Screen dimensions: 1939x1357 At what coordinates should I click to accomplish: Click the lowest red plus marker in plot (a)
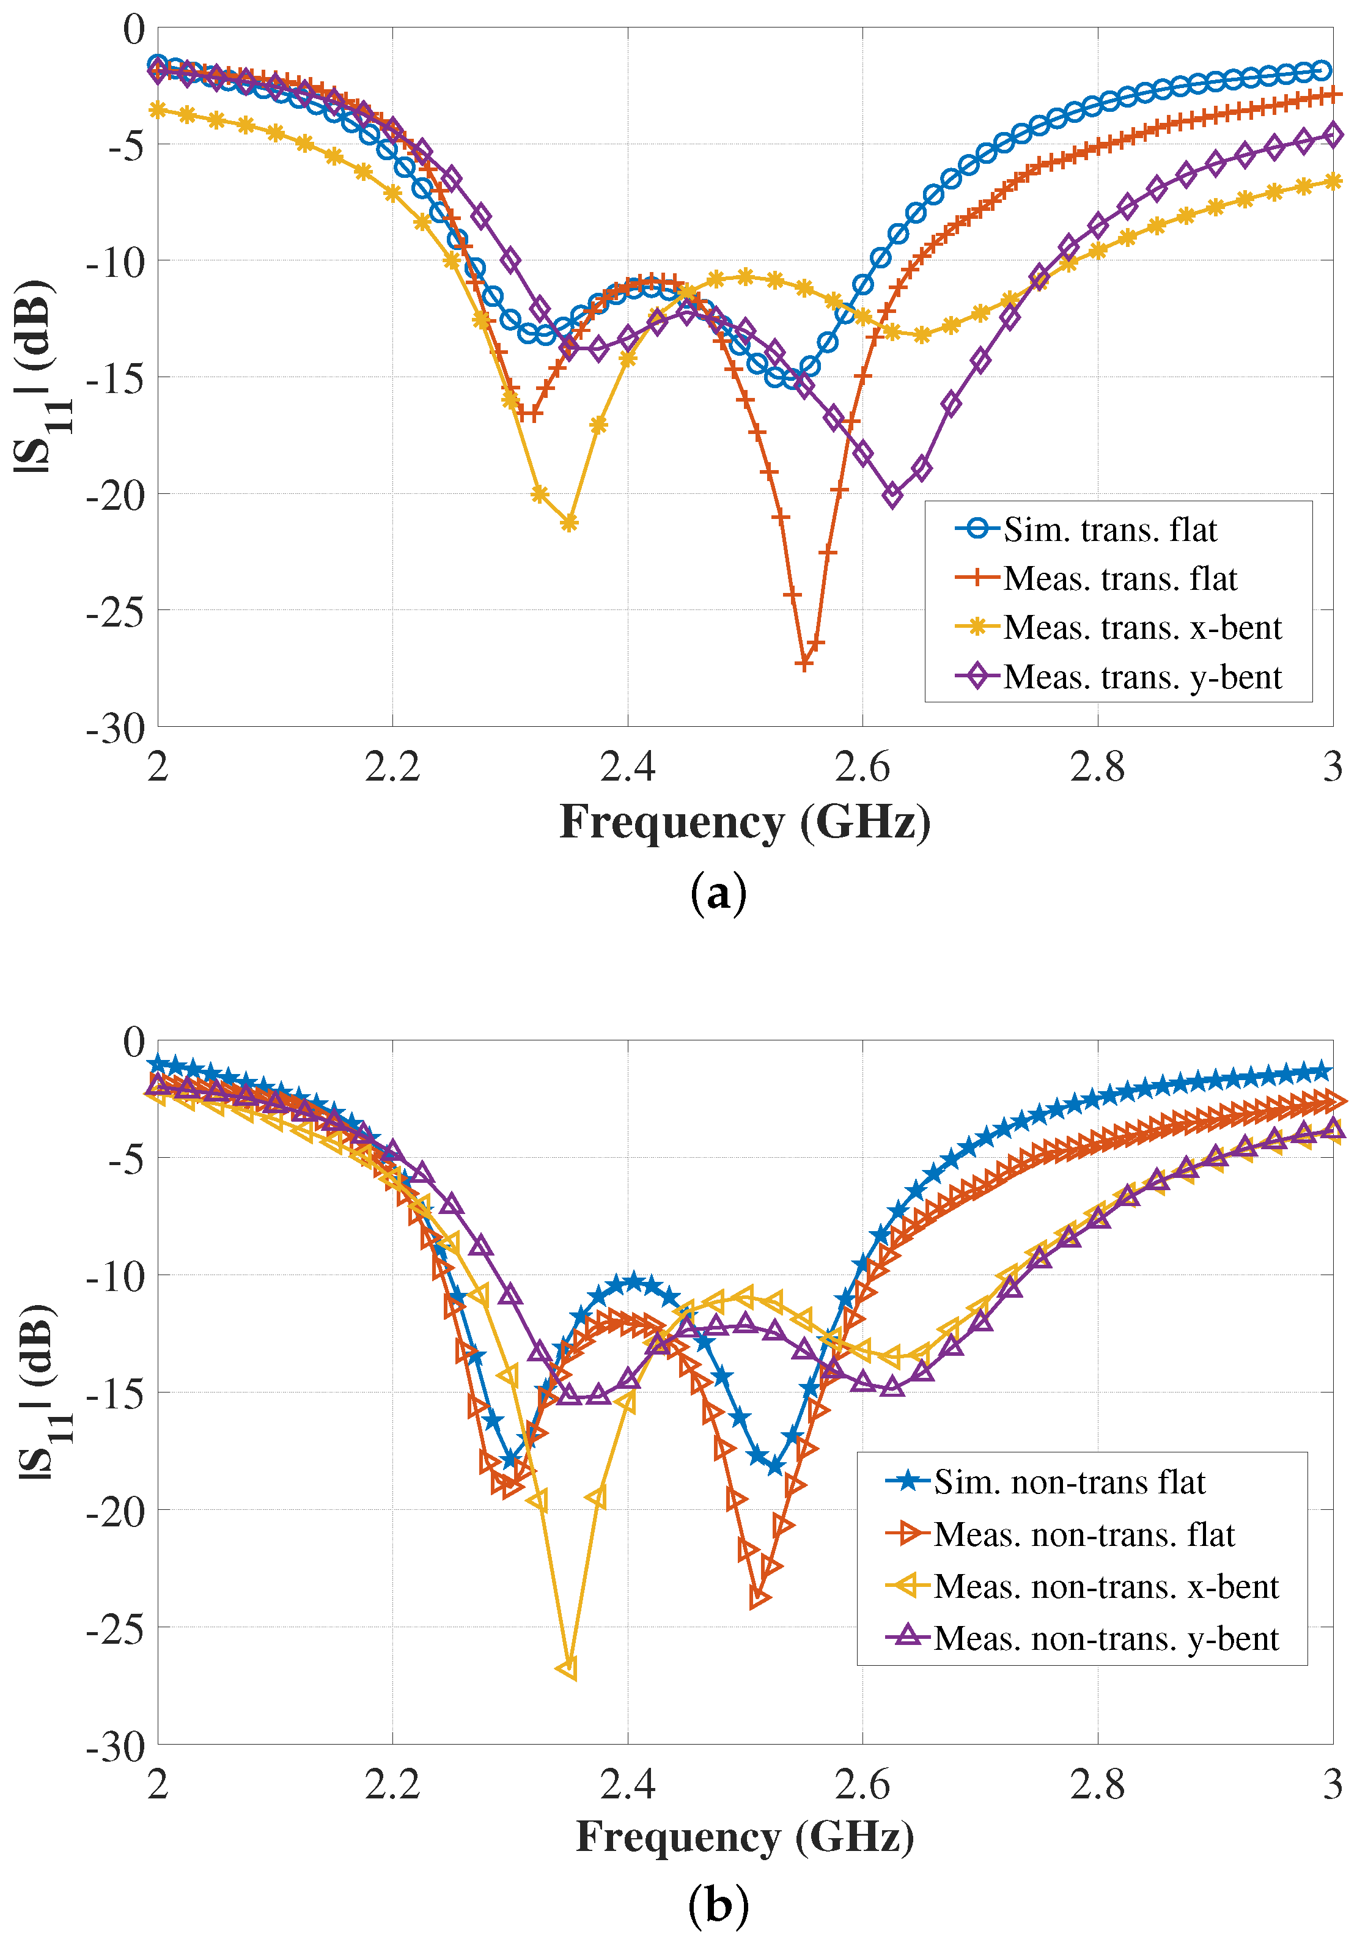tap(804, 664)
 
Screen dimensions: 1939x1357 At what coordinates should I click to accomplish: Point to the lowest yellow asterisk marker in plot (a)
tap(569, 523)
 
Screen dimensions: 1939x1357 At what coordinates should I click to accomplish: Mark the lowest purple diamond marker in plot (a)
tap(892, 496)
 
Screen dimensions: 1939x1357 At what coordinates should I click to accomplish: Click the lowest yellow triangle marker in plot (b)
tap(568, 1668)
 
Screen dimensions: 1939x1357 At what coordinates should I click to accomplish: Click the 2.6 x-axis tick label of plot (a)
tap(862, 767)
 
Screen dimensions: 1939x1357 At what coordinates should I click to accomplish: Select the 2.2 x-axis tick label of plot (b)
tap(392, 1784)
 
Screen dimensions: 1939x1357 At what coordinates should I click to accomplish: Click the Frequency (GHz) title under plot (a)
tap(745, 822)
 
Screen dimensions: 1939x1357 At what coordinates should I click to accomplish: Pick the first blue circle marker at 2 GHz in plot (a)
tap(157, 64)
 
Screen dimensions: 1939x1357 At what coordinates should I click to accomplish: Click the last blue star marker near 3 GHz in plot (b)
tap(1322, 1072)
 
